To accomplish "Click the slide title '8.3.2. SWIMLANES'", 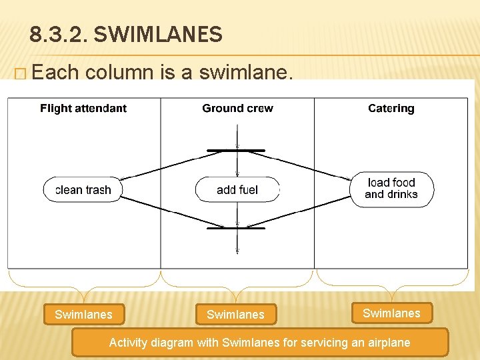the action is coord(126,35).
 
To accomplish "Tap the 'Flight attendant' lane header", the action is coord(83,108).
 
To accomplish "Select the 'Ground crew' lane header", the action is coord(237,108).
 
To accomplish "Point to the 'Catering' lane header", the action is coord(391,108).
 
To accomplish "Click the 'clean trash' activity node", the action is coord(83,190).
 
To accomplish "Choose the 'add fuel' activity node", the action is coord(237,190).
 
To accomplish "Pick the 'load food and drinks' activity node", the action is coord(391,189).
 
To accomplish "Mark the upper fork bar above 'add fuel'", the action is coord(236,151).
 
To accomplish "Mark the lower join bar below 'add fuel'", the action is coord(236,228).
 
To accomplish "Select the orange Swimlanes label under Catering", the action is coord(391,313).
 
